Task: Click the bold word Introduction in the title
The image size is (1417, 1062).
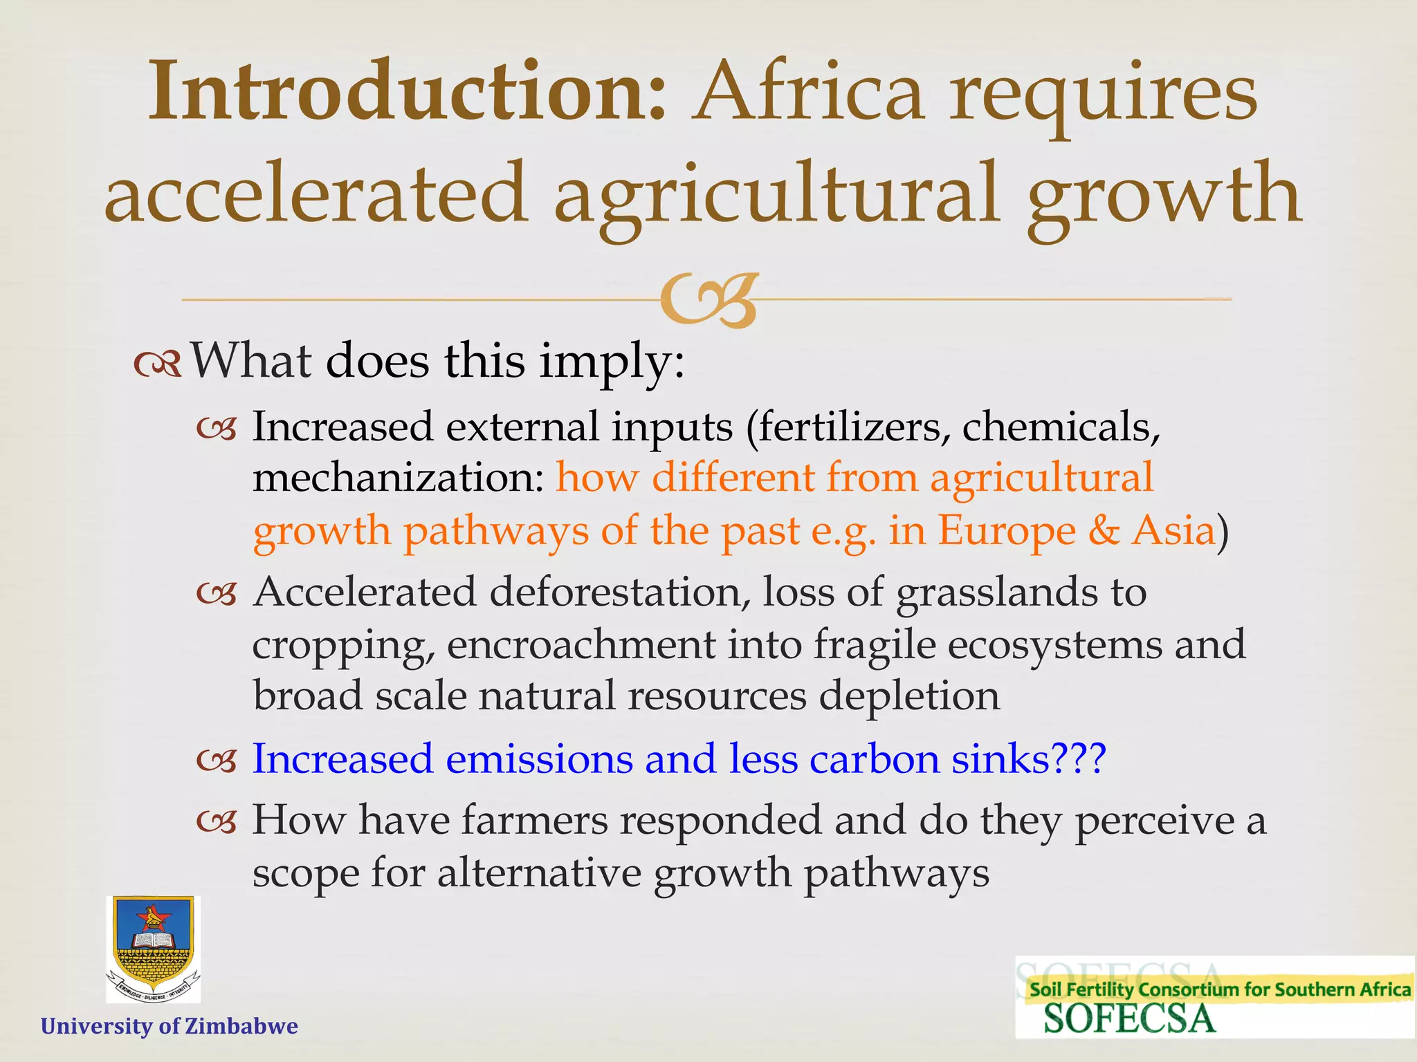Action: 407,92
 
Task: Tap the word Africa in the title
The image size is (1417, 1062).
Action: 810,92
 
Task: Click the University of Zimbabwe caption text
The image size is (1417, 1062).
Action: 170,1026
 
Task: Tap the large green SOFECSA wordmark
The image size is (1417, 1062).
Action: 1129,1018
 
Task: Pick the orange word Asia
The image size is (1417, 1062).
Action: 1173,531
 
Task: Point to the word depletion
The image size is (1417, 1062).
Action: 909,696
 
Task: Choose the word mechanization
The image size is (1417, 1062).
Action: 399,478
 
